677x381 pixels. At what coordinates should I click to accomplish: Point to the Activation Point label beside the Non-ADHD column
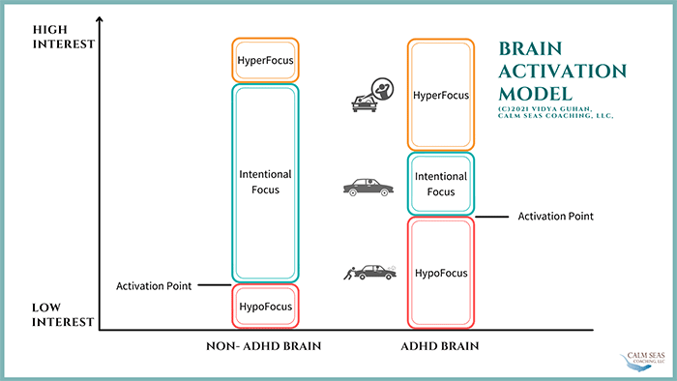pyautogui.click(x=154, y=285)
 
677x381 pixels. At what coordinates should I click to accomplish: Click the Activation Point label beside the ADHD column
pyautogui.click(x=556, y=216)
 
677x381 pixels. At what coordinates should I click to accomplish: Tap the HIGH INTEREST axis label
pyautogui.click(x=64, y=37)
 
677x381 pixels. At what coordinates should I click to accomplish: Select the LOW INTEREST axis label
pyautogui.click(x=63, y=314)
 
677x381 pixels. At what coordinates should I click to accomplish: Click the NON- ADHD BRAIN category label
pyautogui.click(x=264, y=346)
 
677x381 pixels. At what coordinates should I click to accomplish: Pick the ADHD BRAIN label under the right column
pyautogui.click(x=440, y=346)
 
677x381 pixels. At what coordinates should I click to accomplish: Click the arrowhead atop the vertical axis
pyautogui.click(x=100, y=19)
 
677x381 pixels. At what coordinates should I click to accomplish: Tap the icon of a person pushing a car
pyautogui.click(x=370, y=273)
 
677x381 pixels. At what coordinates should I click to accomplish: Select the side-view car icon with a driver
pyautogui.click(x=368, y=188)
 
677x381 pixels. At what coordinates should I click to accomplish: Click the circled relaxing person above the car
pyautogui.click(x=382, y=89)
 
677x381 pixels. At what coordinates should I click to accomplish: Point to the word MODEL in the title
pyautogui.click(x=536, y=94)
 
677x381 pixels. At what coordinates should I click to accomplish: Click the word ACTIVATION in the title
pyautogui.click(x=563, y=72)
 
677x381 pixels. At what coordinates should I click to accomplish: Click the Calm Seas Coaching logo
pyautogui.click(x=642, y=361)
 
